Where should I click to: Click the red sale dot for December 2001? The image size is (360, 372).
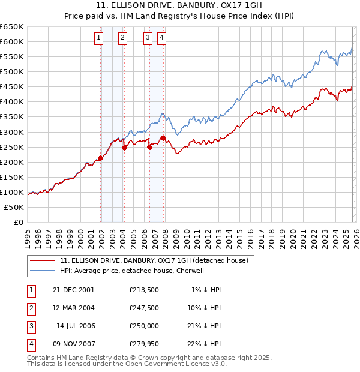pos(101,158)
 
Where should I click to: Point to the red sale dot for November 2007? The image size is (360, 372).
pos(163,138)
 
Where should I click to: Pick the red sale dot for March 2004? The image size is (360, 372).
pos(124,148)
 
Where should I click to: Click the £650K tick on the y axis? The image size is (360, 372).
pos(13,27)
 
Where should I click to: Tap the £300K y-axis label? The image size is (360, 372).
pos(13,132)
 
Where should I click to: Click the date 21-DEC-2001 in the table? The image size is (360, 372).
pos(74,289)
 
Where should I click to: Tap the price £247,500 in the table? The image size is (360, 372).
pos(144,307)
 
